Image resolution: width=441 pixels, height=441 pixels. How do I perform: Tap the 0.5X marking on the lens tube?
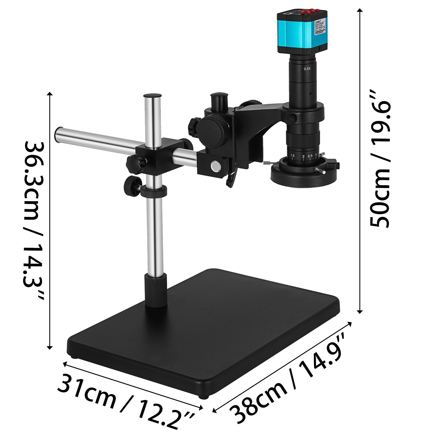(x=307, y=69)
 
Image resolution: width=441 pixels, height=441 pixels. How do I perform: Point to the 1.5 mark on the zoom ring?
(x=292, y=156)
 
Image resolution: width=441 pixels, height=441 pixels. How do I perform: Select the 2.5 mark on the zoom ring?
(x=310, y=156)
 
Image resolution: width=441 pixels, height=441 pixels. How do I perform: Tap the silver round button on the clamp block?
(x=215, y=166)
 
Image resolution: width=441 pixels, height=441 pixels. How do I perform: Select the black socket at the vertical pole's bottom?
(x=156, y=290)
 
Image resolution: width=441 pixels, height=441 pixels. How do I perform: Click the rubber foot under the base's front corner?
(x=204, y=397)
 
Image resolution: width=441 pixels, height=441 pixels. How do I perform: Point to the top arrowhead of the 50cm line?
(x=359, y=10)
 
